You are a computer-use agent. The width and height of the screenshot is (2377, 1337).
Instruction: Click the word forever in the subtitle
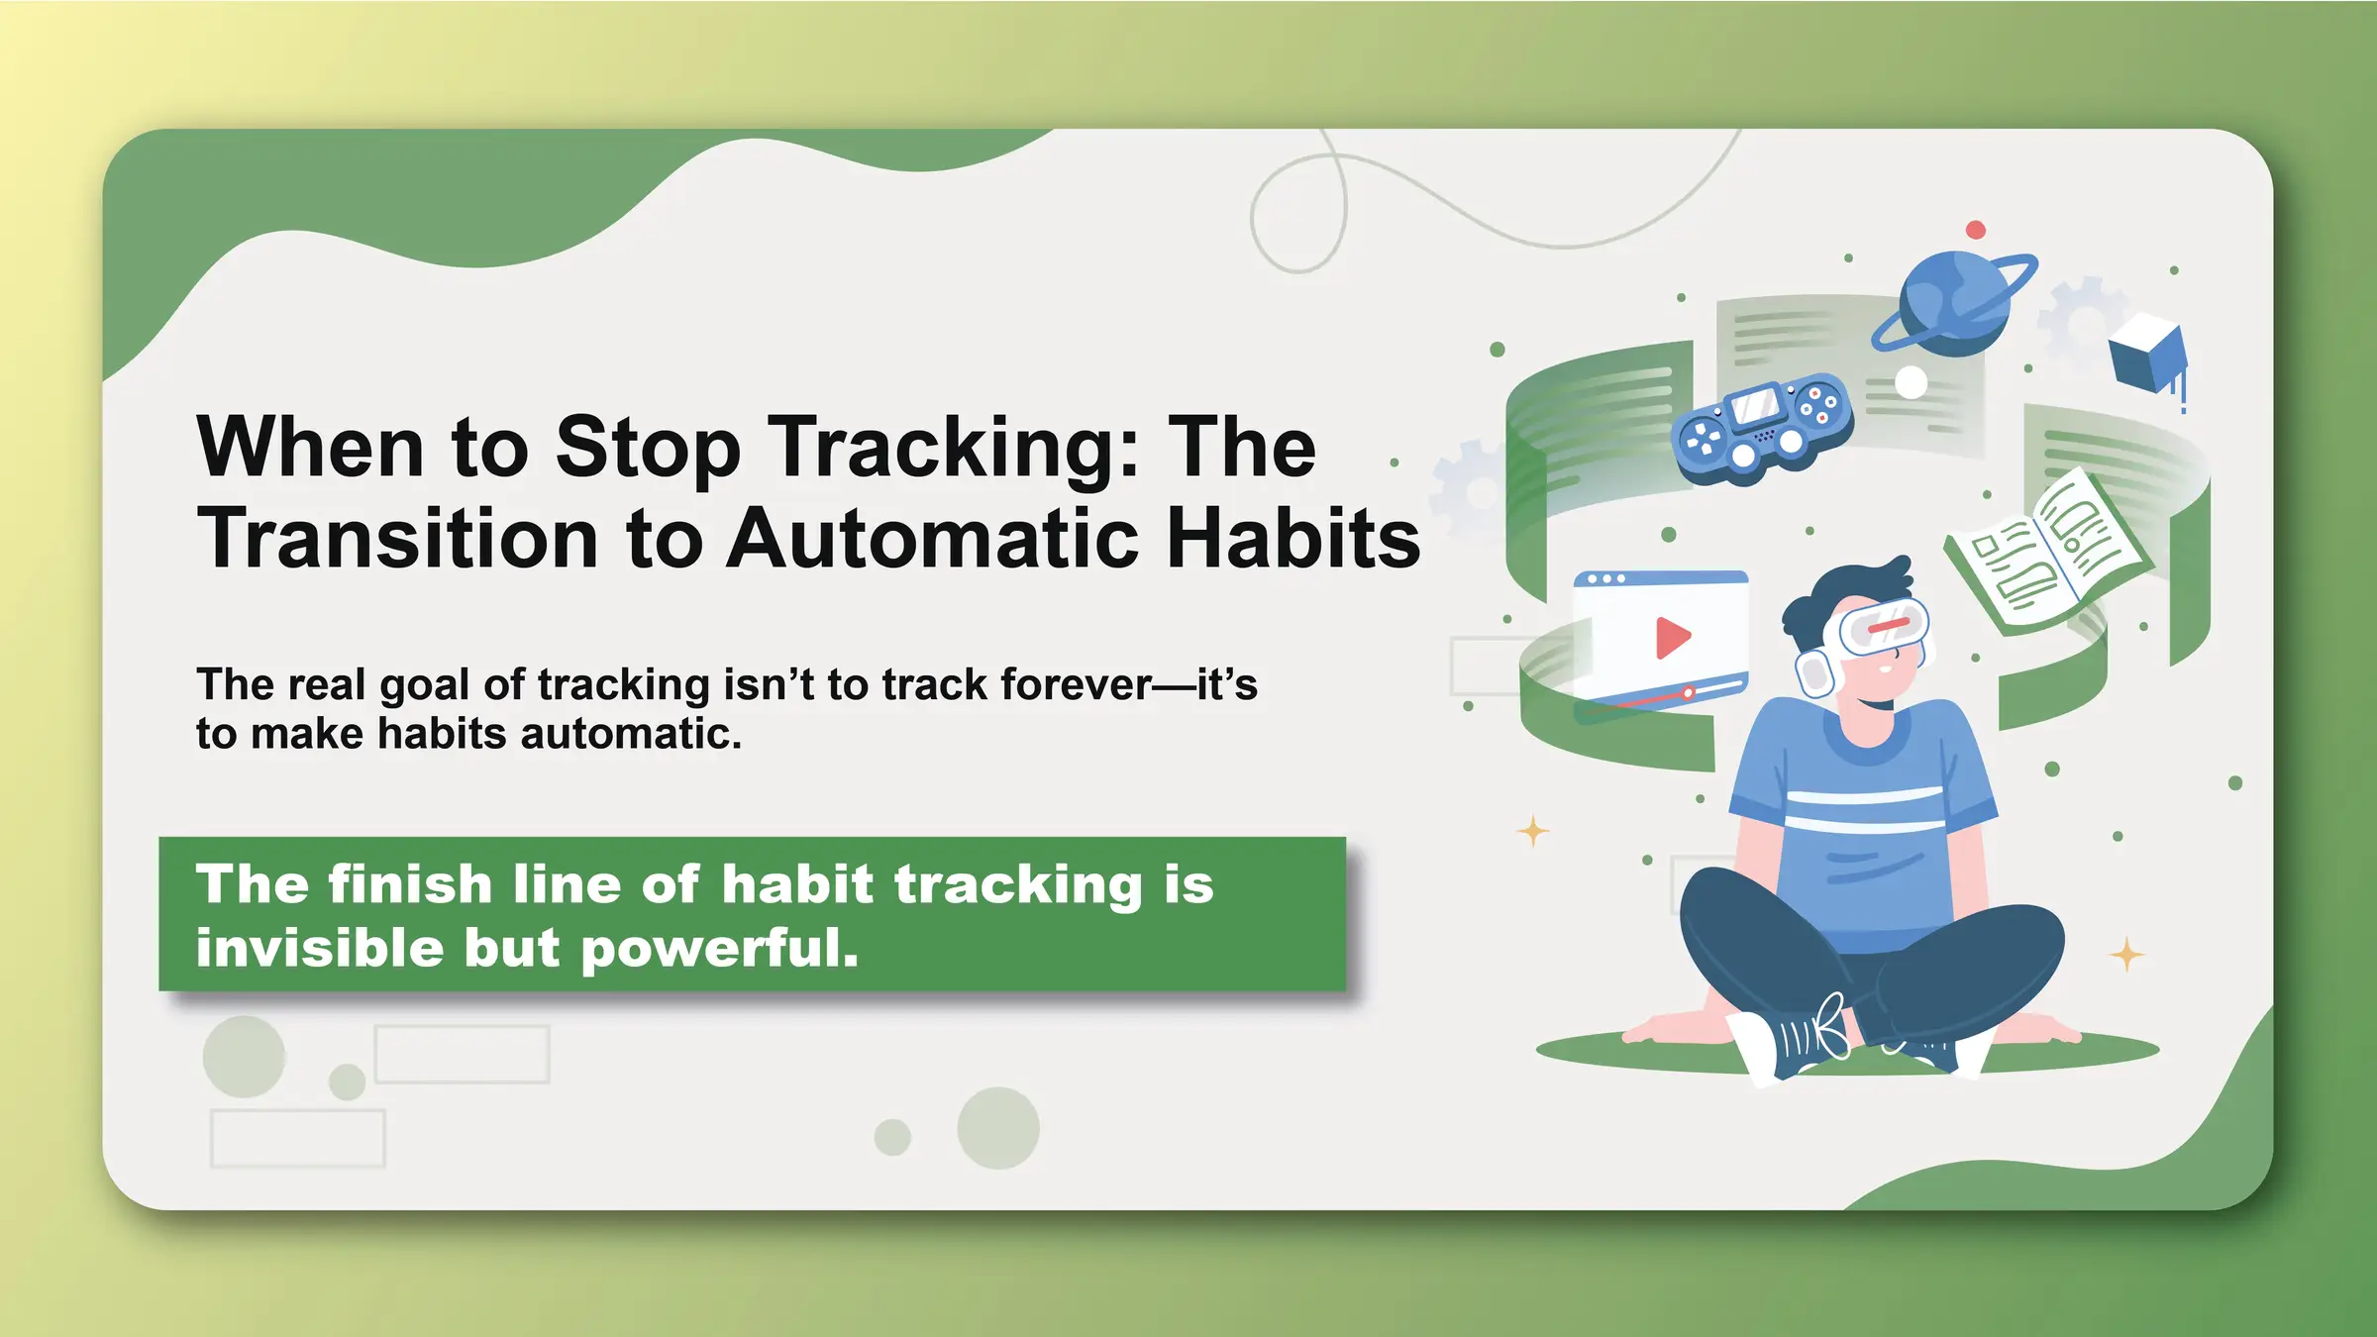(1076, 684)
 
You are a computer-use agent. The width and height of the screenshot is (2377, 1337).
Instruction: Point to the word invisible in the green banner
(319, 948)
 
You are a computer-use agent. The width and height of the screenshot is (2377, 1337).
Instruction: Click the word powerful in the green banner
(719, 950)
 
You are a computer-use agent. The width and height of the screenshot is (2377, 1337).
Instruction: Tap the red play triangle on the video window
(1672, 637)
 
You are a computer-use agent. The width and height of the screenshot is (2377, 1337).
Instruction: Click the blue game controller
(1762, 428)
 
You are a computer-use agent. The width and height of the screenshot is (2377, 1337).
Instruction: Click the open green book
(2046, 555)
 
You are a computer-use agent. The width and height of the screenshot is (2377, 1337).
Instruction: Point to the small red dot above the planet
(1975, 230)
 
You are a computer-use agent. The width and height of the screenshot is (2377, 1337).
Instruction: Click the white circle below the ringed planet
(1911, 382)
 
